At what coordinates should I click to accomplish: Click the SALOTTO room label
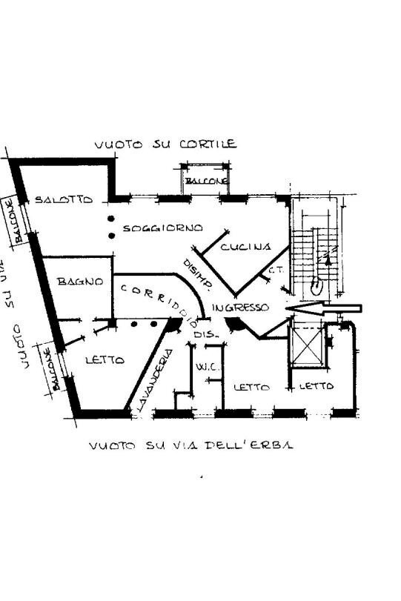point(64,200)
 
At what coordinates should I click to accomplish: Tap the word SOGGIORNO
point(162,228)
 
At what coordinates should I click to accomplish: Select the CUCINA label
point(245,247)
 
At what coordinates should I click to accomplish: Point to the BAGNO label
point(75,282)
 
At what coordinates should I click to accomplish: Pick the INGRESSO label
point(239,308)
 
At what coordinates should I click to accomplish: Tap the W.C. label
point(205,367)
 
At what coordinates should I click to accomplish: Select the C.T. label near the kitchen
point(276,270)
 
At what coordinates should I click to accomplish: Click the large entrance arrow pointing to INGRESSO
point(323,308)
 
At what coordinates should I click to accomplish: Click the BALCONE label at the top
point(205,182)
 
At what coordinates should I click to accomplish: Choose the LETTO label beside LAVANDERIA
point(105,360)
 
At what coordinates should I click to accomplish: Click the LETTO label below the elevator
point(317,386)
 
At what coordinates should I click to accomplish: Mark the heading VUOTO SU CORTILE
point(165,144)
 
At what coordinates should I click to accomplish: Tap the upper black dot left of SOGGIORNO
point(110,219)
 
